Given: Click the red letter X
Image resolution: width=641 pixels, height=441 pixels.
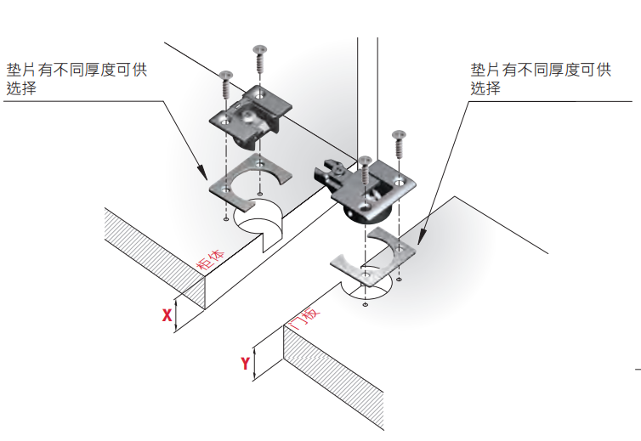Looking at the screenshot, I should pos(167,315).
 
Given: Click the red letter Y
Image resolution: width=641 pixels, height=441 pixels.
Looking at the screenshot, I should pos(246,363).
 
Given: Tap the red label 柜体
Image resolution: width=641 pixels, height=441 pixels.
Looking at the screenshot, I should pos(212,259).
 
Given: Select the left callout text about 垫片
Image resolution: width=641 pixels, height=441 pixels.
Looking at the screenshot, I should pos(77,78).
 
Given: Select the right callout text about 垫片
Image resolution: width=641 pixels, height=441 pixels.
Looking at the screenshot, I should pos(541,78).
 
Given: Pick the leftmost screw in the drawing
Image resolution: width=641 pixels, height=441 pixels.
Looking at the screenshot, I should pos(226,85).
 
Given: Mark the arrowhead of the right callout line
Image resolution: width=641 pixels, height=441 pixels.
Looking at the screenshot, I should pos(420,235).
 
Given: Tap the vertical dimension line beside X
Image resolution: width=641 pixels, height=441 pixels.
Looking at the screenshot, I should pos(177,315).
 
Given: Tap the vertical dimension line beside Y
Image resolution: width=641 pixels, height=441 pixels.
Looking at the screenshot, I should pos(256,363).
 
